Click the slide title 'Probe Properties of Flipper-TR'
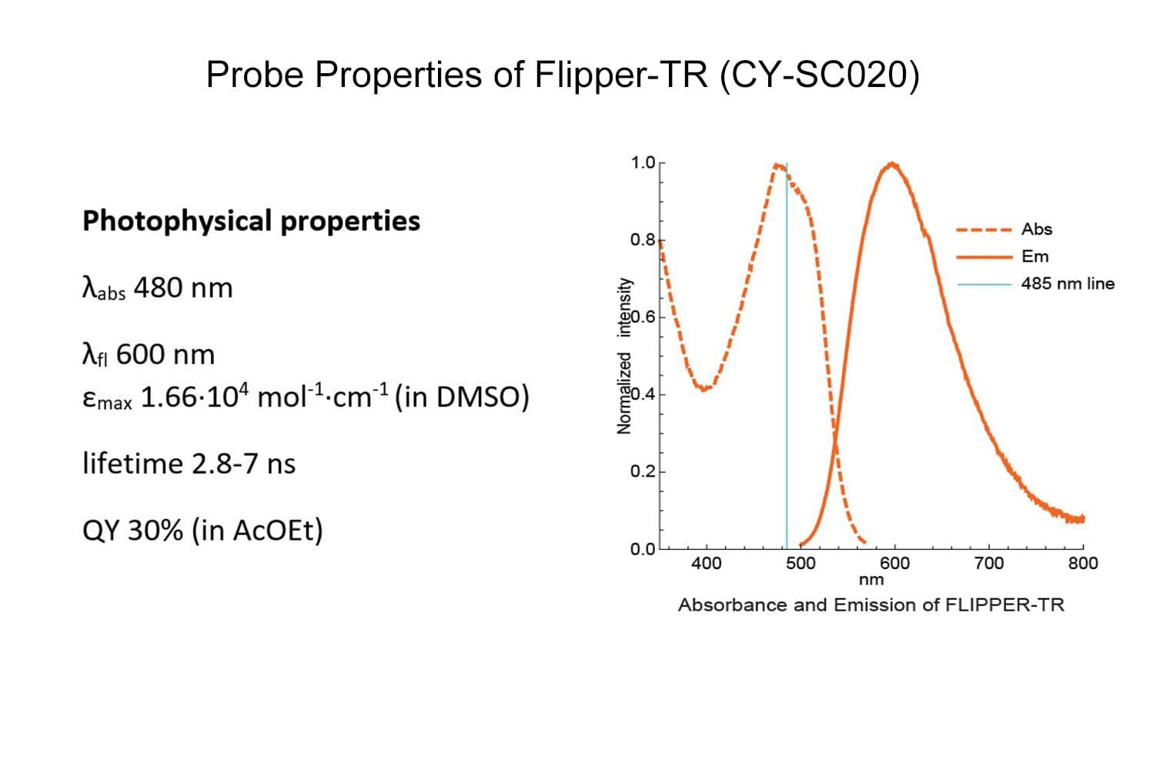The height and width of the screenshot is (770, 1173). click(x=562, y=75)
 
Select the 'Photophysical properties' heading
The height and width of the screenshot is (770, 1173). click(x=251, y=221)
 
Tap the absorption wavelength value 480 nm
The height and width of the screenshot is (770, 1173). click(x=183, y=288)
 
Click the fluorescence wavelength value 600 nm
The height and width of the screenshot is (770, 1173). click(x=165, y=355)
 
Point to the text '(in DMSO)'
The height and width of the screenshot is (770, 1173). click(x=462, y=397)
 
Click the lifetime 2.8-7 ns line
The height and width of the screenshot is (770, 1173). click(x=189, y=464)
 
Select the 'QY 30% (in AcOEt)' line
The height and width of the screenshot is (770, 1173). click(x=202, y=531)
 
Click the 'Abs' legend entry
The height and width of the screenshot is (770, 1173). click(x=1036, y=229)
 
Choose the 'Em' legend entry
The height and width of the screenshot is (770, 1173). click(x=1034, y=256)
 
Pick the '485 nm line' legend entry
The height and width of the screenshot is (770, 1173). click(x=1067, y=283)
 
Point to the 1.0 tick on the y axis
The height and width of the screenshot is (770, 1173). click(x=642, y=162)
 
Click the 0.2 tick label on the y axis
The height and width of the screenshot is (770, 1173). click(x=642, y=471)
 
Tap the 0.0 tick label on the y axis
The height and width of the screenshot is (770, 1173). click(x=642, y=549)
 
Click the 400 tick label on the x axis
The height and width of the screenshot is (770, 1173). click(x=706, y=564)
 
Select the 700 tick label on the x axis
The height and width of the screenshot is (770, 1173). click(x=988, y=564)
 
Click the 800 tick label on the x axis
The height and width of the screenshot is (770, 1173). click(x=1082, y=564)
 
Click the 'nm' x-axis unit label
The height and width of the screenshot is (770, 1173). click(x=871, y=580)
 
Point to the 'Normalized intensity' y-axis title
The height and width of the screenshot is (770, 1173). click(x=624, y=356)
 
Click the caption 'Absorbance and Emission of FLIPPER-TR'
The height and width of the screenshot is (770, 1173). click(x=871, y=605)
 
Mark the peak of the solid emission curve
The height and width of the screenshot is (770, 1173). click(x=892, y=163)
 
